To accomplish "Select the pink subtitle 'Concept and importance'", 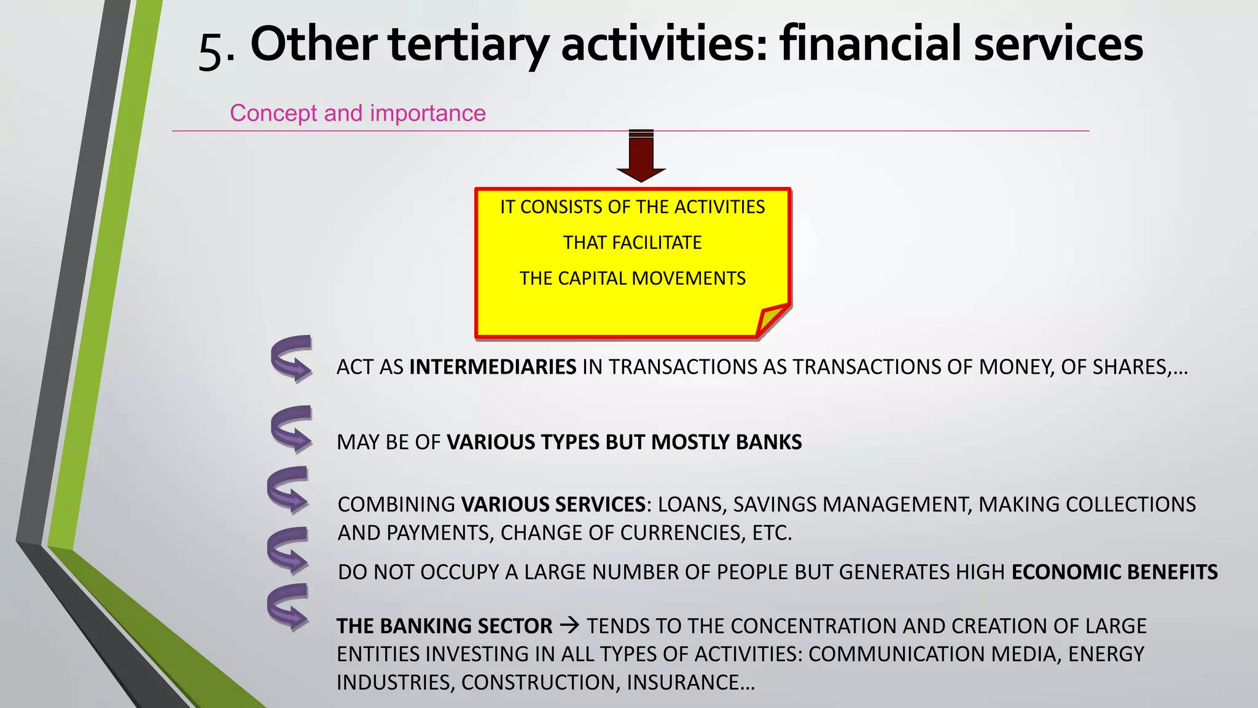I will (x=357, y=113).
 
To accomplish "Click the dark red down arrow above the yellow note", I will (x=641, y=157).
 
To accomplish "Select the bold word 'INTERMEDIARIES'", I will (x=493, y=367).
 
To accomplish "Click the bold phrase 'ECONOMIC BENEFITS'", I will (x=1114, y=572).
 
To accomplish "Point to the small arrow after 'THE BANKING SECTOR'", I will (x=569, y=626).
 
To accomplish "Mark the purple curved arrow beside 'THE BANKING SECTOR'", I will (x=288, y=607).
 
